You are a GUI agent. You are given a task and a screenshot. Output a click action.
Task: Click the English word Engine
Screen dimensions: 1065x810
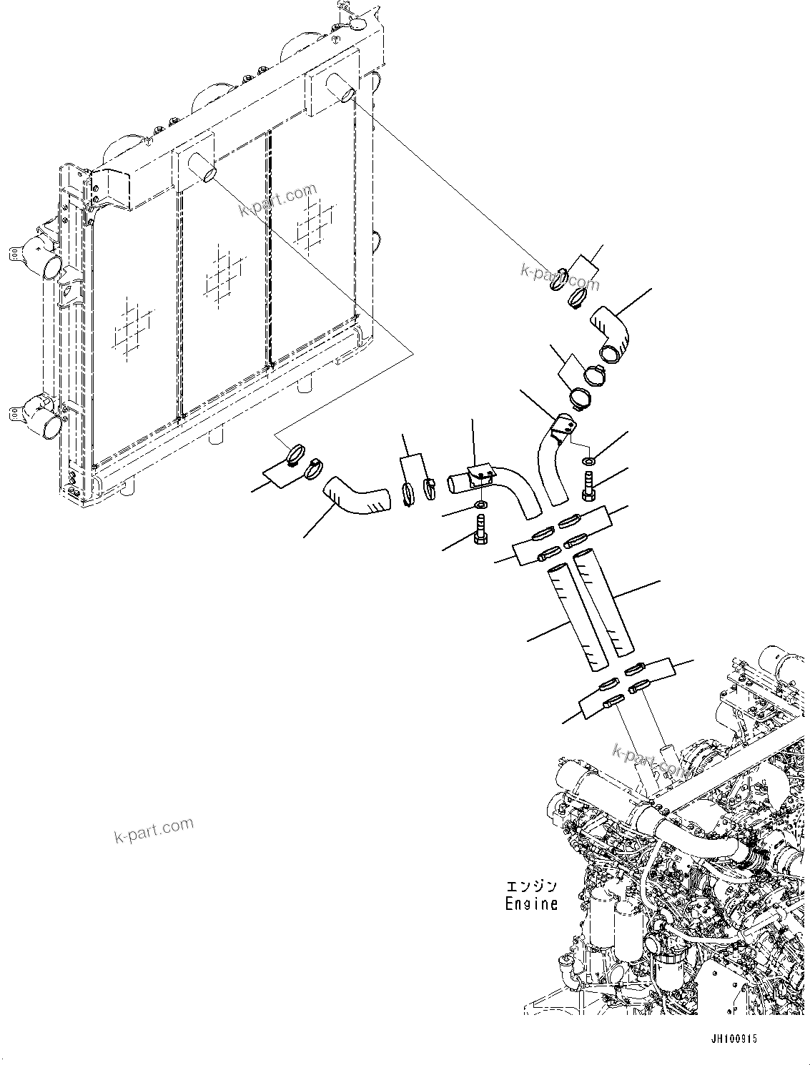[530, 903]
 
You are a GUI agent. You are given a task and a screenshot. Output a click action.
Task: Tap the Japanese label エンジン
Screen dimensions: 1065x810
[530, 887]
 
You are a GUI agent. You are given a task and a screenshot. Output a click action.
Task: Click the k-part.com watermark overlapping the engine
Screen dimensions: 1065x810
[649, 758]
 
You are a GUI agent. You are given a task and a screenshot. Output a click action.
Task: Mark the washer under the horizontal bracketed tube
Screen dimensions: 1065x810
[480, 507]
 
